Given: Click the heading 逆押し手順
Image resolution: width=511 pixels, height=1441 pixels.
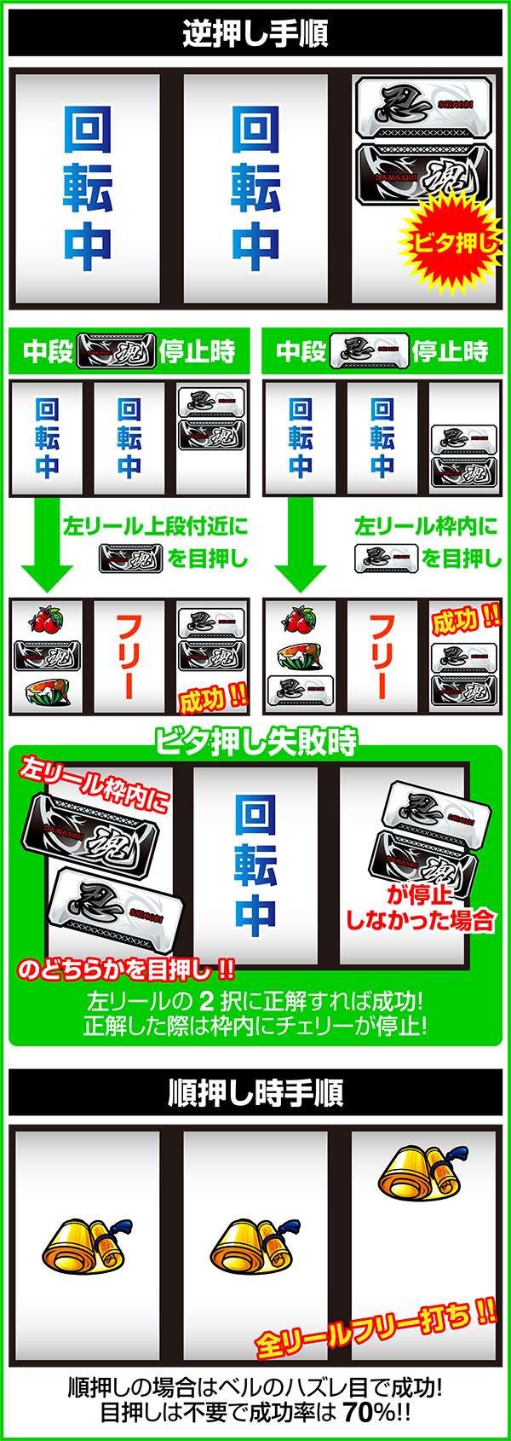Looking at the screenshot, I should tap(255, 34).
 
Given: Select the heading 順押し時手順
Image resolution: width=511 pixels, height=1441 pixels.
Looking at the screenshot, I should tap(255, 1092).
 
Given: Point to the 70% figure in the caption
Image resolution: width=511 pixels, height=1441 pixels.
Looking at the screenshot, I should tap(370, 1411).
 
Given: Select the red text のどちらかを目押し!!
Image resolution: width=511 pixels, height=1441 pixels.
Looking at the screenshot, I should tap(126, 969).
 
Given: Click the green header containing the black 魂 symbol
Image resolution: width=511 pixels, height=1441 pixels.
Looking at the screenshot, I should tap(129, 350).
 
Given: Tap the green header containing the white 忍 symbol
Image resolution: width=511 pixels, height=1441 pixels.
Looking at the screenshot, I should tap(382, 350).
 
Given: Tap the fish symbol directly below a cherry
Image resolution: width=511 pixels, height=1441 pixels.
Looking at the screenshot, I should tap(299, 656).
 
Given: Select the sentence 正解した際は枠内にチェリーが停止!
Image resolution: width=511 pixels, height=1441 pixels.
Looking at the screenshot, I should tap(255, 1025).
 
